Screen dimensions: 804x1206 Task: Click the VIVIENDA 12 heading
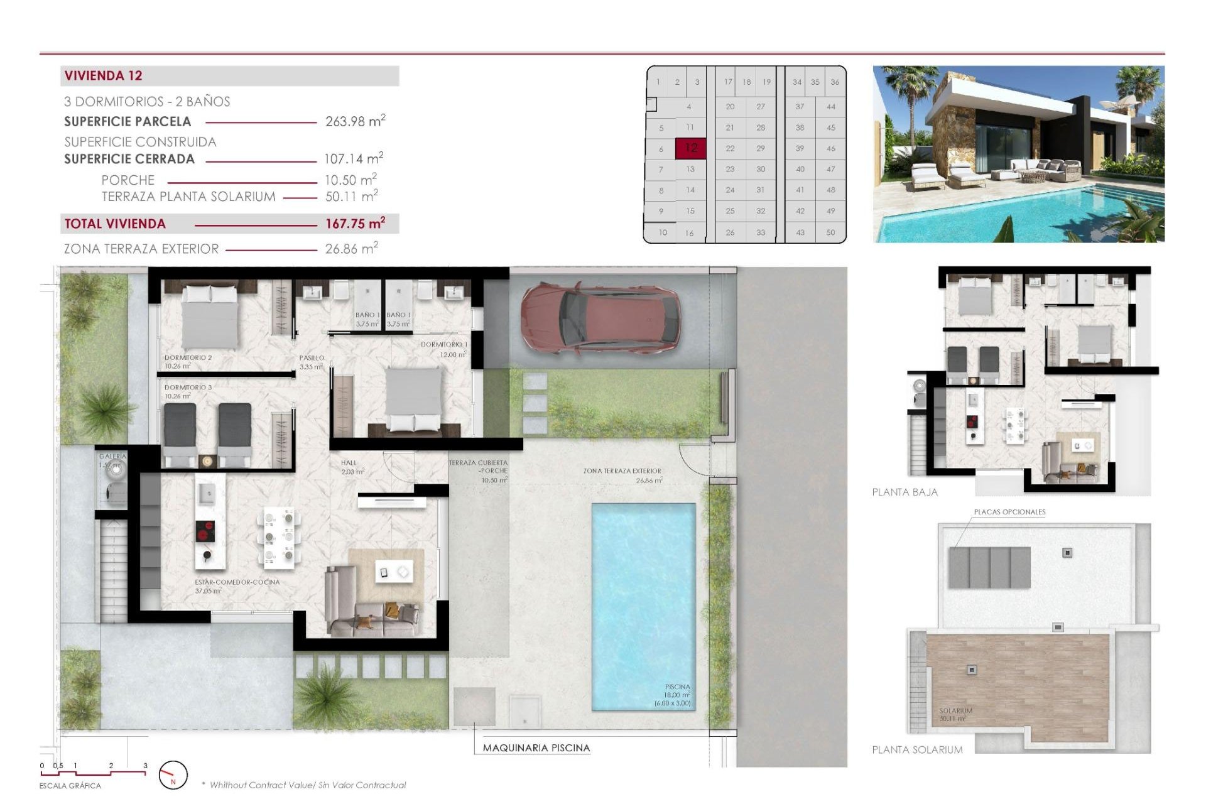104,76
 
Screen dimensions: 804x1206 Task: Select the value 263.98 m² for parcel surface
355,121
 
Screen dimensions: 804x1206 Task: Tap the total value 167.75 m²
355,224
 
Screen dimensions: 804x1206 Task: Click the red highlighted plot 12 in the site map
691,148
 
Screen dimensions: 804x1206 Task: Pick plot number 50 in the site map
830,232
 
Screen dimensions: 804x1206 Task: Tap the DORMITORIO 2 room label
188,357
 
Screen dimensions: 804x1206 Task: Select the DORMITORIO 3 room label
188,388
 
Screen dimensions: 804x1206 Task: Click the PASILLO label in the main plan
312,358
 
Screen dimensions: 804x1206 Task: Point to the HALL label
348,463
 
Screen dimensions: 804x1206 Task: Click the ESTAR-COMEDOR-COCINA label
237,582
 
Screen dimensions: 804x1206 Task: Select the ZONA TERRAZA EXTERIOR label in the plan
622,471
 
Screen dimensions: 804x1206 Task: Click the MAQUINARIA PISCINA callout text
536,748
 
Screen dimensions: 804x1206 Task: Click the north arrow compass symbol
173,775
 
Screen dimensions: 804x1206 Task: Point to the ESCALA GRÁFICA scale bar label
70,786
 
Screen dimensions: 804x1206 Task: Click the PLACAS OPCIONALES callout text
1009,512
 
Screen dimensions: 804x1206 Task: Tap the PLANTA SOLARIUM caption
916,750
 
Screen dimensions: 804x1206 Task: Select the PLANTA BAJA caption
905,492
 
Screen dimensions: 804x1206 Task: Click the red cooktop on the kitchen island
205,531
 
